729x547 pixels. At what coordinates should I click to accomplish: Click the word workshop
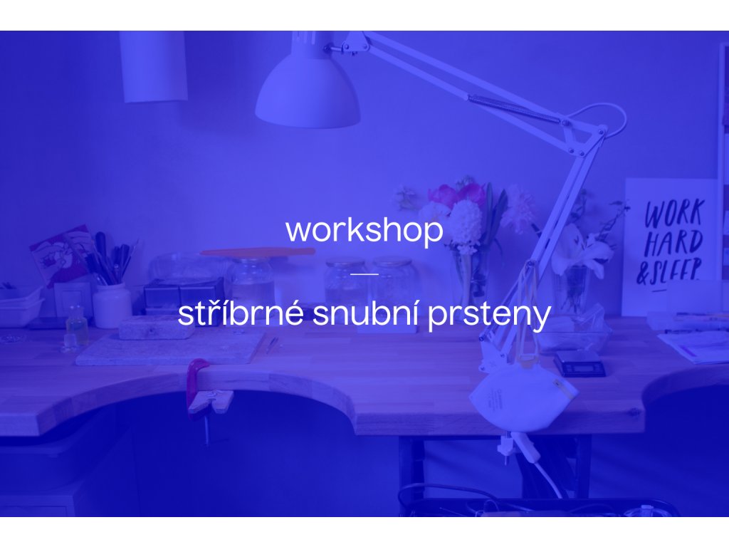[364, 230]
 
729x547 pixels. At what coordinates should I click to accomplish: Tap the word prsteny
[489, 316]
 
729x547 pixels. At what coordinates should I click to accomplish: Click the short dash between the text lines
[364, 274]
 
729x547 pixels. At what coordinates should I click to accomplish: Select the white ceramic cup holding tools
[112, 306]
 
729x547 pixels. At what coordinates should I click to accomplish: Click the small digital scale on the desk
[579, 364]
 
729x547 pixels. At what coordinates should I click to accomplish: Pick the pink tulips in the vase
[457, 194]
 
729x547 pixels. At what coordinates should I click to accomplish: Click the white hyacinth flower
[466, 222]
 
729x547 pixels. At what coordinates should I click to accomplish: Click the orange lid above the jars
[258, 252]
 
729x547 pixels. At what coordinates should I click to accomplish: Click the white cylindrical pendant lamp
[153, 66]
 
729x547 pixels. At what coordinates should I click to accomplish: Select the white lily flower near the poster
[584, 251]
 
